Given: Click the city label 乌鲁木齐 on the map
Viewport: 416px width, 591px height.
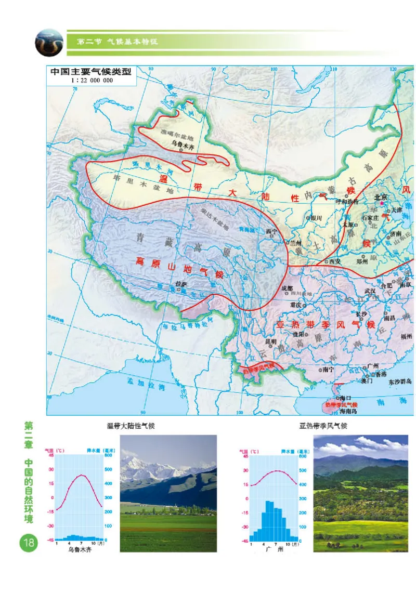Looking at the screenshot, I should [x=182, y=146].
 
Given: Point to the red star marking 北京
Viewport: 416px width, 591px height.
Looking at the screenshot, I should [x=382, y=205].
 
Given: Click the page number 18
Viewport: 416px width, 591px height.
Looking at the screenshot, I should [x=28, y=544].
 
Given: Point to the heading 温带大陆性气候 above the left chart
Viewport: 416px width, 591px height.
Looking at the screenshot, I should [x=131, y=426].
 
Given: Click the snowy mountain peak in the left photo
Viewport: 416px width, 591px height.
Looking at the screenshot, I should [x=137, y=459].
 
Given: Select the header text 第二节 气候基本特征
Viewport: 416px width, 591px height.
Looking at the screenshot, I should [x=117, y=42].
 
